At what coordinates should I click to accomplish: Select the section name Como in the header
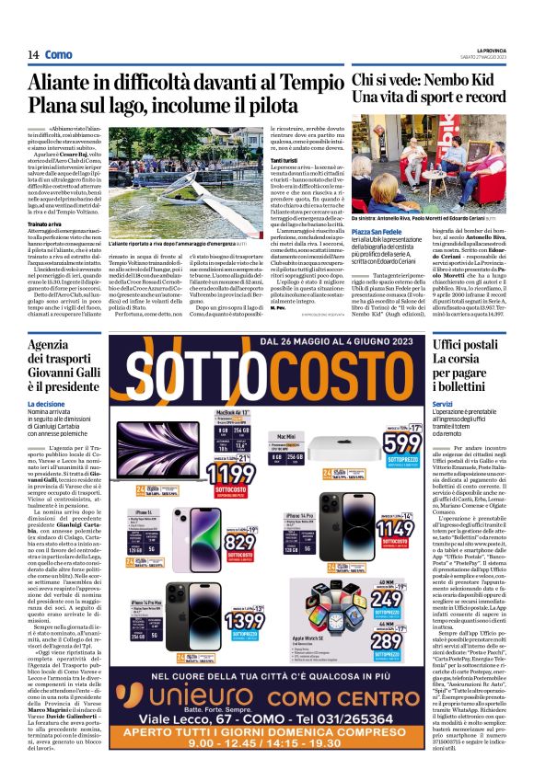click(x=59, y=55)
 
